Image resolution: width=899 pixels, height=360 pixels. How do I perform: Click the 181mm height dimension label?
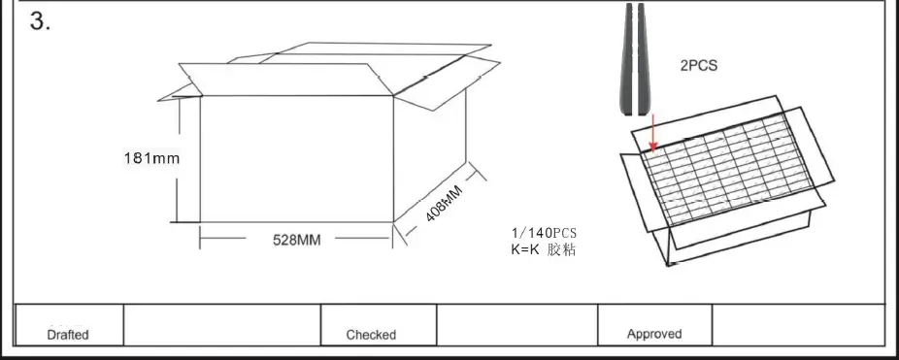click(151, 157)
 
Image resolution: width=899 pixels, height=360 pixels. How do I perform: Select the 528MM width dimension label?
click(295, 240)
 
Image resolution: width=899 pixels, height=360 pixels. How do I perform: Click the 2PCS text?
click(699, 67)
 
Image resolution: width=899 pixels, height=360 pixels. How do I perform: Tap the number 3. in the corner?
click(41, 22)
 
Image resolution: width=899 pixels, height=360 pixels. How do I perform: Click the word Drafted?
click(68, 335)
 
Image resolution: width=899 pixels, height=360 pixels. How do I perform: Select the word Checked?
click(371, 335)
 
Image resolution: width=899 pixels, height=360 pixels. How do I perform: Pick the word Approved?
click(653, 334)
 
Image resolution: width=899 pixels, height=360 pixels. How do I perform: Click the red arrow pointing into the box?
click(653, 130)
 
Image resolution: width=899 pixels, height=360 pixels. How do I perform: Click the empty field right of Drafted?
click(222, 324)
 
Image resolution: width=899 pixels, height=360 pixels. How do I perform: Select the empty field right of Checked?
click(516, 324)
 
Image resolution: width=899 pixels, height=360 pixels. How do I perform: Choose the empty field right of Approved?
click(798, 324)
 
